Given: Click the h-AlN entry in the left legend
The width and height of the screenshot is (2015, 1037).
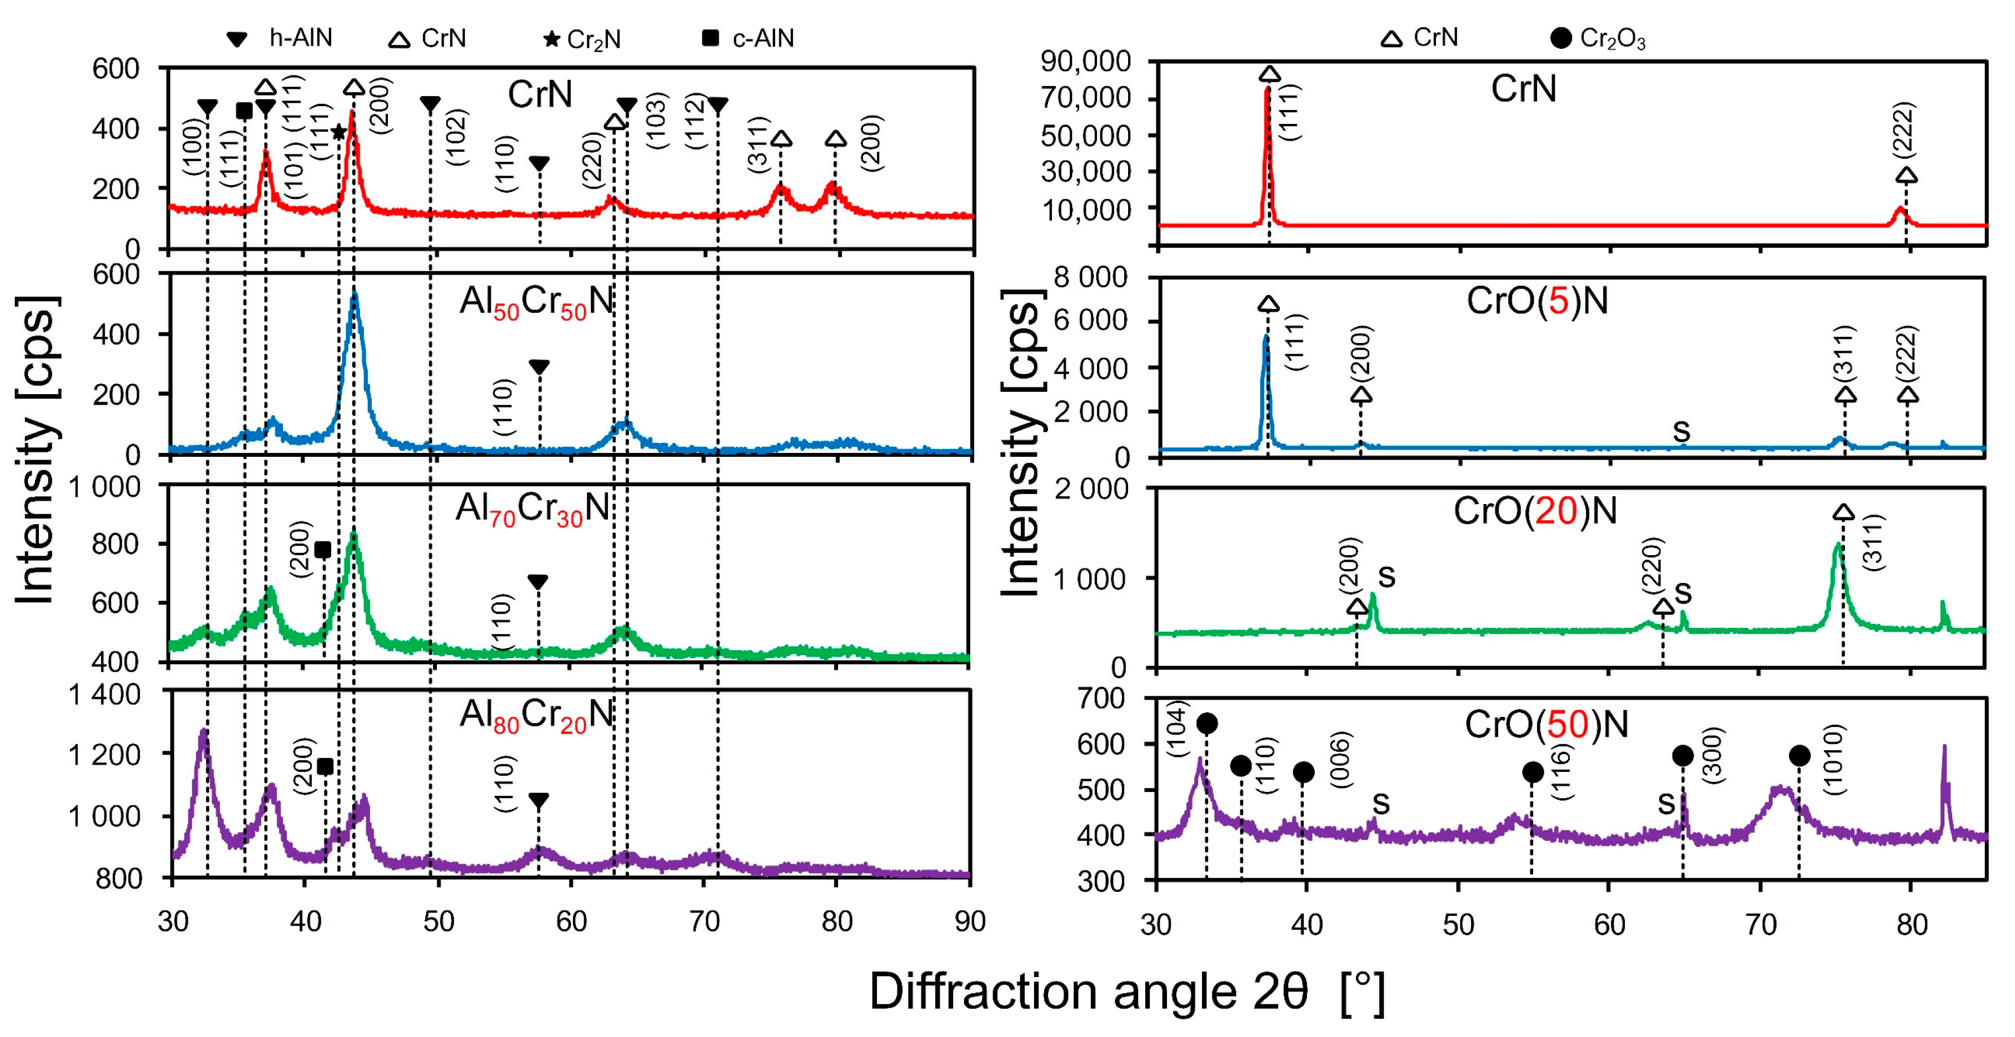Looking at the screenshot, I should pos(280,38).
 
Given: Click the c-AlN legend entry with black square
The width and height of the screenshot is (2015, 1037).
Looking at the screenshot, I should pos(748,38).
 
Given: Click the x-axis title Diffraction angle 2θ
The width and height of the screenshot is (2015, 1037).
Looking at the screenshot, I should pos(1126,991).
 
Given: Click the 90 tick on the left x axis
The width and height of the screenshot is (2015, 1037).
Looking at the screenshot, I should pos(970,921).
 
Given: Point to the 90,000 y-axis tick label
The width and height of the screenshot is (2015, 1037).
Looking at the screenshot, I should pos(1086,61).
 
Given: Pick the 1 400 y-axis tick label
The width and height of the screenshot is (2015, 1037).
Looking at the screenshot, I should pos(105,695).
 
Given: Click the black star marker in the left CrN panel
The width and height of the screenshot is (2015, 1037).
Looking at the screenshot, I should pos(338,132).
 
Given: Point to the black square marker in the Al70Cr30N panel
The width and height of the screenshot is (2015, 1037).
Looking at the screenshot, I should pos(322,550).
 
